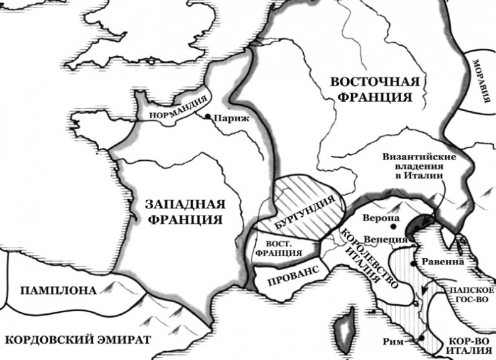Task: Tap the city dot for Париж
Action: (x=208, y=116)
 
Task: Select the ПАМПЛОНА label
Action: (x=58, y=290)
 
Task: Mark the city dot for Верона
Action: (x=394, y=226)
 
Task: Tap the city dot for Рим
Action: (x=422, y=338)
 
